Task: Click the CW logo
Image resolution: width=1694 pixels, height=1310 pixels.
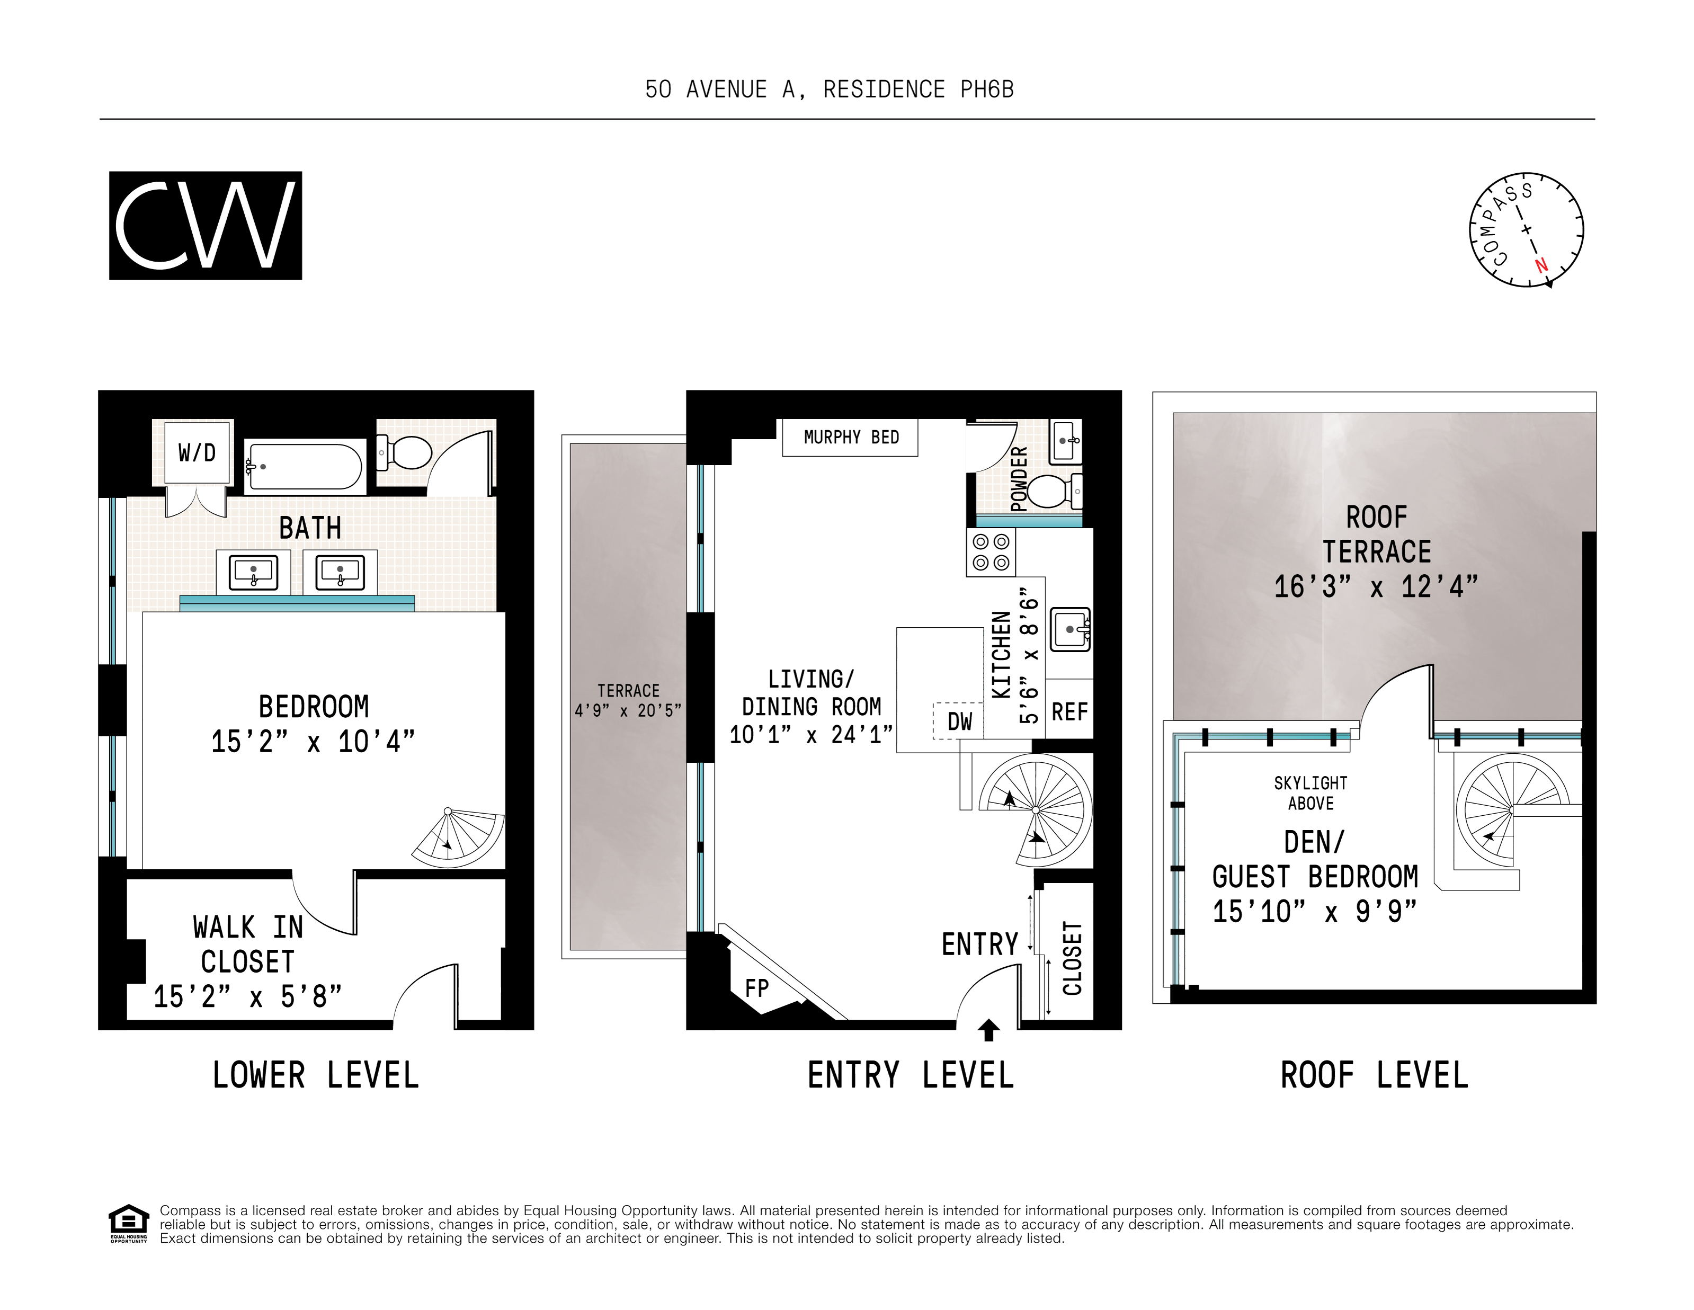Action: [205, 225]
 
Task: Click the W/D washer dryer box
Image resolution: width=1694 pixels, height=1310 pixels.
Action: [197, 453]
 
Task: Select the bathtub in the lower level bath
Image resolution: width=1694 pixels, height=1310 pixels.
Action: [305, 466]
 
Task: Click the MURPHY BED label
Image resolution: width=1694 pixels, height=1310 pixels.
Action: [851, 438]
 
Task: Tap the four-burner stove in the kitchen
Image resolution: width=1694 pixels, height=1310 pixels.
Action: [991, 552]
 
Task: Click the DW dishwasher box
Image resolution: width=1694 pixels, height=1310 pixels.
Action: [959, 721]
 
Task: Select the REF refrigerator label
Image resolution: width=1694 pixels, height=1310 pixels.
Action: [1069, 711]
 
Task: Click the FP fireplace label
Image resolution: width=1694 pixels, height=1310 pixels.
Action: [756, 988]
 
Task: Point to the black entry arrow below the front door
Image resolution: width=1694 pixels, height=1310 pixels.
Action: [988, 1030]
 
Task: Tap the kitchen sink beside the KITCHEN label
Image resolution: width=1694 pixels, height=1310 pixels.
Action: [1069, 629]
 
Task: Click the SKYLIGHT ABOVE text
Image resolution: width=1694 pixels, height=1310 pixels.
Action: [1310, 792]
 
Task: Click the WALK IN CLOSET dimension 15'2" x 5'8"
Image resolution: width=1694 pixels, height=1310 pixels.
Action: [247, 996]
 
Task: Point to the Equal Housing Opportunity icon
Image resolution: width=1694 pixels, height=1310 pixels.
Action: [128, 1223]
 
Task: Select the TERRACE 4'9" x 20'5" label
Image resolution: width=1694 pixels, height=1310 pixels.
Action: [628, 700]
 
